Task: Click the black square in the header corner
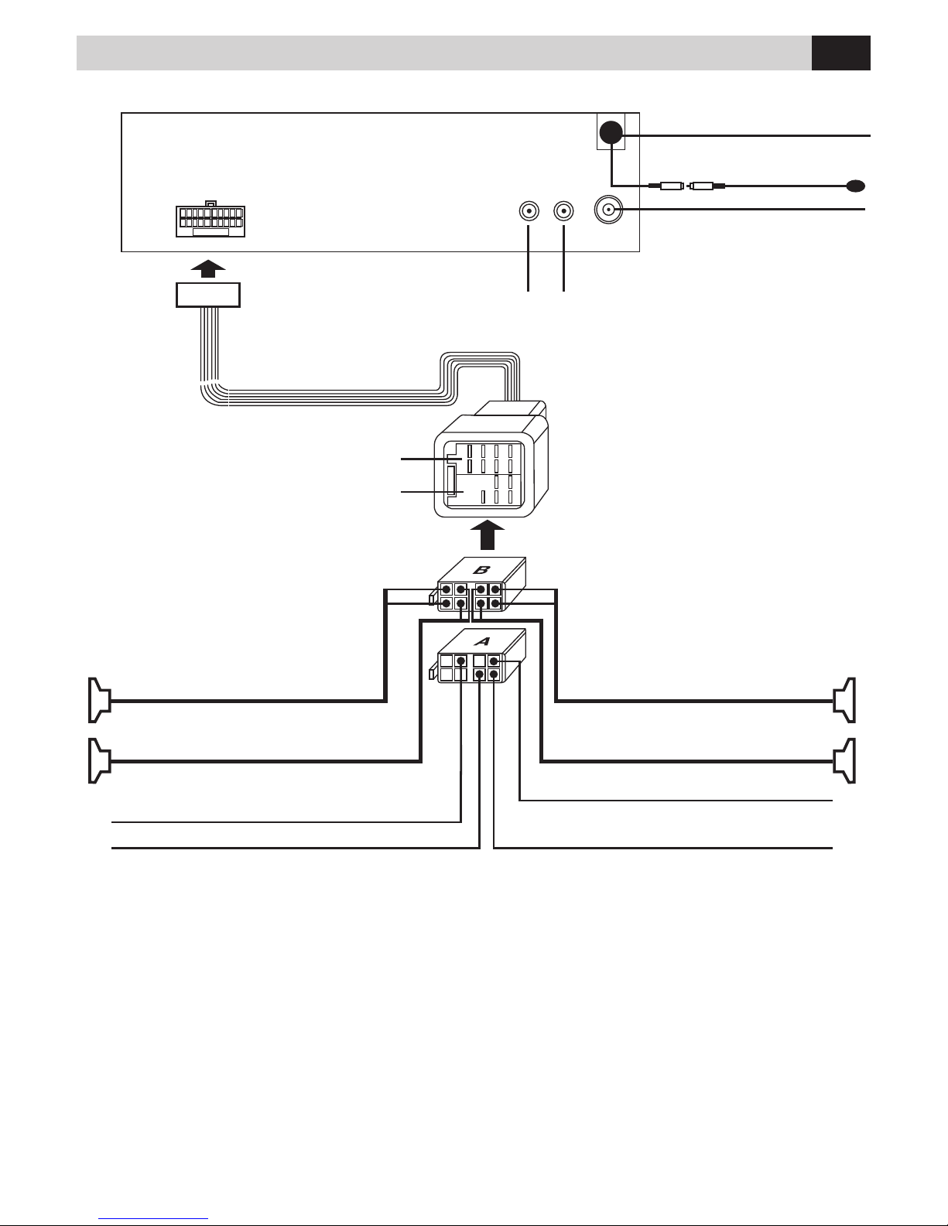840,53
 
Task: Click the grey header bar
444,53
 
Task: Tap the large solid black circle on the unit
611,132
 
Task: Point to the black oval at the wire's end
856,186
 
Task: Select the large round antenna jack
608,210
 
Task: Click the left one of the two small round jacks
529,212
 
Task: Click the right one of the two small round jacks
563,212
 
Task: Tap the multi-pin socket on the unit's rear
210,220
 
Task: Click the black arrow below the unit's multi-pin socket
208,268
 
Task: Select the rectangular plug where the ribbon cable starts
208,295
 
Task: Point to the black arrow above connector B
488,534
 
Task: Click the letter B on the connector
481,570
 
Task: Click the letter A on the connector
482,641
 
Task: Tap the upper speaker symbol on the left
100,700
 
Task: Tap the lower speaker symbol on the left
100,760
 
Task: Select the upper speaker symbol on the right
844,700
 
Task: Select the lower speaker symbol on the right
844,760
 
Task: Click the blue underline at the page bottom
153,1218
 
